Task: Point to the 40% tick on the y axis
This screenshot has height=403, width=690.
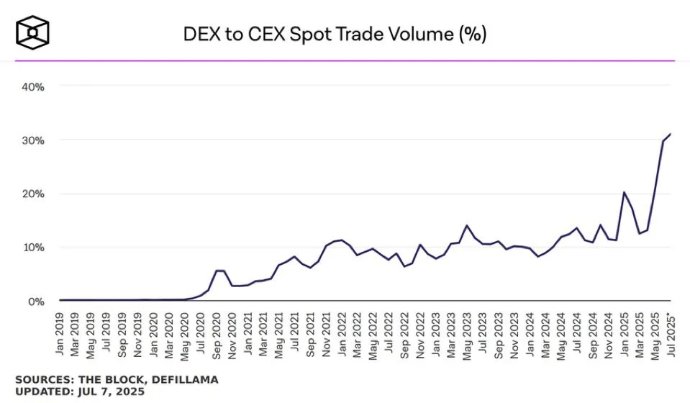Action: click(33, 86)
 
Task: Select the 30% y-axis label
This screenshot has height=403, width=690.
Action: click(33, 140)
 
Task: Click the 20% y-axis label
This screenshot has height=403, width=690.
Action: click(33, 194)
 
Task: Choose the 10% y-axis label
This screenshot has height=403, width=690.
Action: click(33, 248)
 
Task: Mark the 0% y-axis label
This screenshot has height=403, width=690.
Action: click(36, 301)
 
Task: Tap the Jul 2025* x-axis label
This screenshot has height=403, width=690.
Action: click(671, 335)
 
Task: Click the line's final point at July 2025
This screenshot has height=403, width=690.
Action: click(670, 134)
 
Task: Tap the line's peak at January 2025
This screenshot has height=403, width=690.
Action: click(624, 192)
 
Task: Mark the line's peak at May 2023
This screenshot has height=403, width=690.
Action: click(467, 225)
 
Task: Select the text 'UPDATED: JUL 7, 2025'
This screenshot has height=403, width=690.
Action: click(79, 391)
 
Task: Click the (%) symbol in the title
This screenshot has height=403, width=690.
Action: click(472, 34)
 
